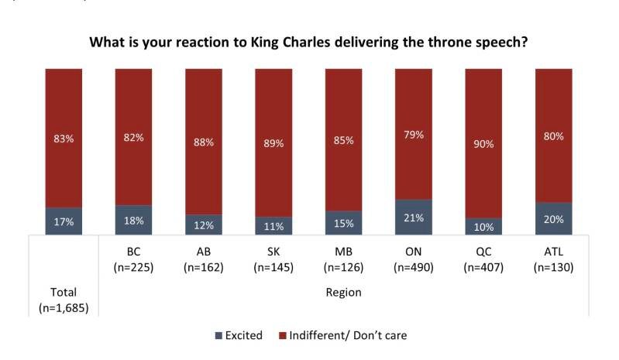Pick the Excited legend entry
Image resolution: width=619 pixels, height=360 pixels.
click(238, 335)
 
